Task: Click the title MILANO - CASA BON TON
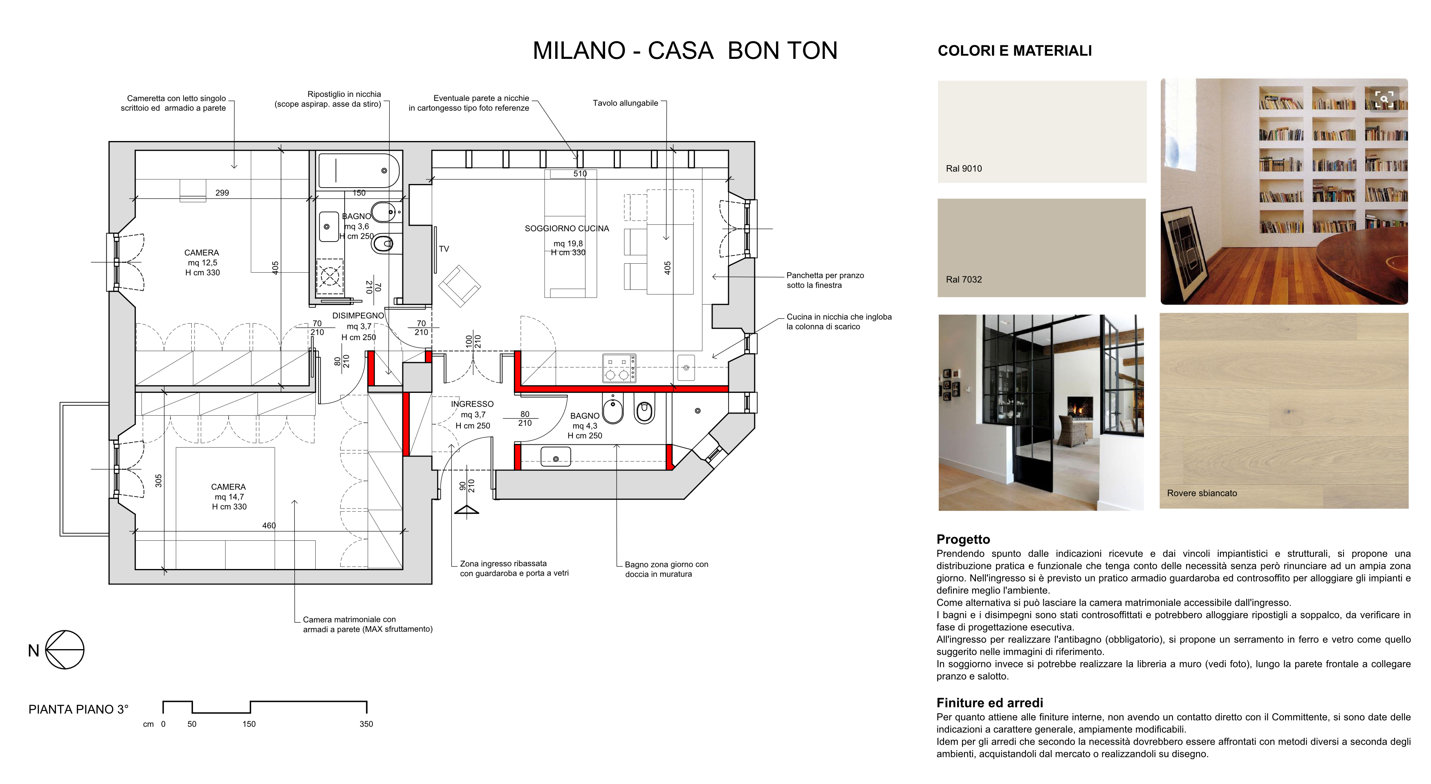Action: pyautogui.click(x=685, y=51)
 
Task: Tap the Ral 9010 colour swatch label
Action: pyautogui.click(x=964, y=168)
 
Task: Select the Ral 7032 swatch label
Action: pyautogui.click(x=964, y=279)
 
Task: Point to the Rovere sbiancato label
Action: pyautogui.click(x=1202, y=493)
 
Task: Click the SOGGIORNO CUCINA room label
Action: pyautogui.click(x=567, y=228)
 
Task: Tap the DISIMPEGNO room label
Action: pyautogui.click(x=358, y=316)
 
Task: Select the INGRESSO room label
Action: pyautogui.click(x=472, y=404)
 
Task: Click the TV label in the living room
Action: pyautogui.click(x=444, y=249)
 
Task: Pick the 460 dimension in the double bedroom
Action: pyautogui.click(x=269, y=525)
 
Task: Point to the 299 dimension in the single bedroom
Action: pyautogui.click(x=222, y=193)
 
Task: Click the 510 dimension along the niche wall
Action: pyautogui.click(x=580, y=174)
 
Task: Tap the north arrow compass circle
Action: pyautogui.click(x=65, y=650)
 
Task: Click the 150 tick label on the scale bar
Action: pyautogui.click(x=249, y=724)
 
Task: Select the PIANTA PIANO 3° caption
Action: pyautogui.click(x=79, y=709)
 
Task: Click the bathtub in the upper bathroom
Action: pyautogui.click(x=358, y=170)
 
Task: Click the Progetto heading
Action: pyautogui.click(x=963, y=539)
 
